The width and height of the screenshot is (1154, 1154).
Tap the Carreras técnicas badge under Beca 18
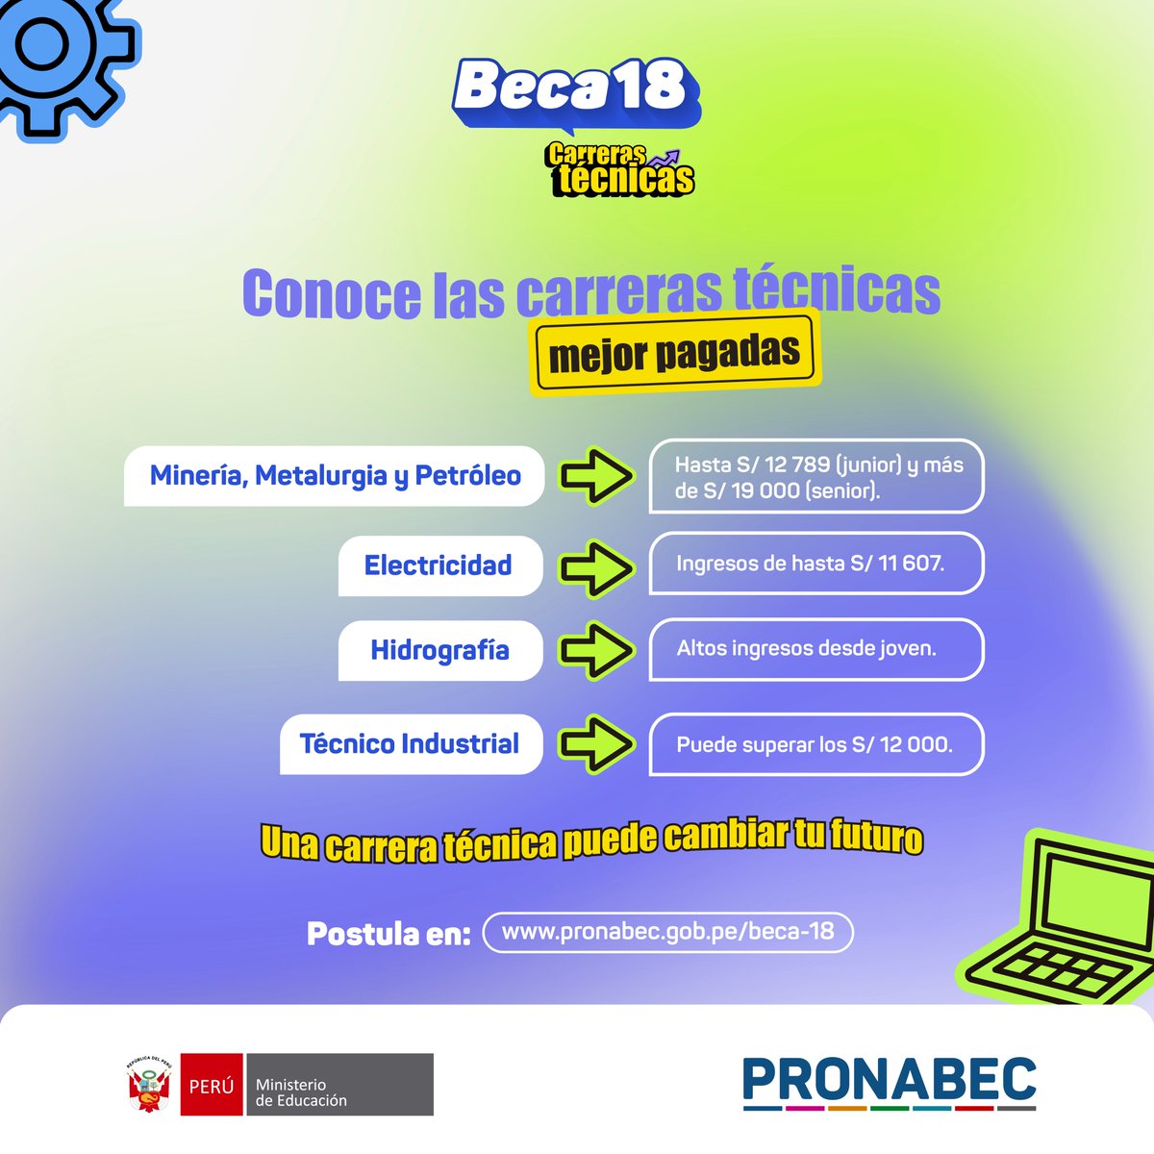pos(620,169)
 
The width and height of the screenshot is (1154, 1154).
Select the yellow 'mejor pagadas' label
pos(674,353)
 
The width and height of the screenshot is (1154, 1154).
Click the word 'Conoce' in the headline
pos(331,293)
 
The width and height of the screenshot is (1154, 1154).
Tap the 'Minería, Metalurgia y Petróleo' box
pos(335,476)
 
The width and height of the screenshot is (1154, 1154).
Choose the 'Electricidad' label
pos(439,565)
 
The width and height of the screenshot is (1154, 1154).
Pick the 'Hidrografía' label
pos(439,651)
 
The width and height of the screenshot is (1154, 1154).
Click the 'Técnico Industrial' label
pos(410,744)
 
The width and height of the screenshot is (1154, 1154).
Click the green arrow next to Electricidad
pos(596,567)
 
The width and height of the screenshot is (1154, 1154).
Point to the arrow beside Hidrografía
pos(596,651)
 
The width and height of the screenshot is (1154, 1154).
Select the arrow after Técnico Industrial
pos(596,744)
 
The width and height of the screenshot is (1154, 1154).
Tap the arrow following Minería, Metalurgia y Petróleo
pos(596,476)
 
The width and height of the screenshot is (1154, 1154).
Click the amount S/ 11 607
pos(896,564)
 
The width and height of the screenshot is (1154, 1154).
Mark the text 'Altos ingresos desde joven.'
pos(806,649)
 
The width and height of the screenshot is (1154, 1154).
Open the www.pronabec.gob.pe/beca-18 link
pos(667,932)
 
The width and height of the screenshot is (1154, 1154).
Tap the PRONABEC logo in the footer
pos(889,1082)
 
